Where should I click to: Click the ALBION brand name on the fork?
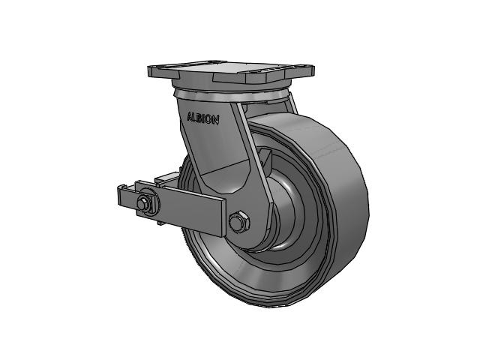(x=203, y=118)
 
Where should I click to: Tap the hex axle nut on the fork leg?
(x=239, y=221)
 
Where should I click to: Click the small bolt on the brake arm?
(x=143, y=203)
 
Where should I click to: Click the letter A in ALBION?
(x=190, y=117)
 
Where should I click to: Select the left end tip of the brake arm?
(x=118, y=196)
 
